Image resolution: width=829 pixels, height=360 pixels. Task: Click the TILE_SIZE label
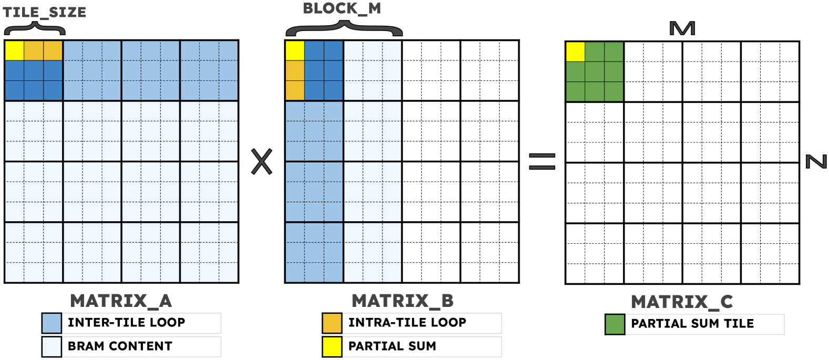(45, 12)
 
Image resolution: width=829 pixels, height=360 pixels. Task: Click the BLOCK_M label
(341, 9)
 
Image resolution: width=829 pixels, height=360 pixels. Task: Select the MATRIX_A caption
(121, 301)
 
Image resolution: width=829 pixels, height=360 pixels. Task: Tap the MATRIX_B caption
(402, 301)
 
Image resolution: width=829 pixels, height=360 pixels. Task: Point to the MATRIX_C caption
(681, 302)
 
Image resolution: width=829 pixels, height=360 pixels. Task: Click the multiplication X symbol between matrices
(262, 161)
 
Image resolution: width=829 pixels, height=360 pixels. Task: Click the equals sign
(542, 161)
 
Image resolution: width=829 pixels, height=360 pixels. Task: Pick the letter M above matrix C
(682, 28)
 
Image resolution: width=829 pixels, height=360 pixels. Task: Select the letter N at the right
(816, 161)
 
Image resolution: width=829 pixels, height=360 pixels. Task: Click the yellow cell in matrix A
(14, 51)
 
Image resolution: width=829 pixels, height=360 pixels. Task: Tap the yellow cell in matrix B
(295, 51)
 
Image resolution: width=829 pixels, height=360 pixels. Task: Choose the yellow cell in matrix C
(575, 52)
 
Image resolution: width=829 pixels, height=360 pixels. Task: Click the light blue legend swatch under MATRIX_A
(51, 323)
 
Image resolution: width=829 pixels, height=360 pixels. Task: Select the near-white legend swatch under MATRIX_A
(51, 347)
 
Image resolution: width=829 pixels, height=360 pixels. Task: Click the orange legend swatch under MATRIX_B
(332, 323)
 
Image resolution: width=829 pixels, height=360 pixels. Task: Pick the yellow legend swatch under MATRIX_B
(332, 347)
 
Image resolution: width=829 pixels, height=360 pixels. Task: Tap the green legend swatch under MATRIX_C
(615, 324)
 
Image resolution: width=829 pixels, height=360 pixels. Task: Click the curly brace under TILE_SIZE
(34, 28)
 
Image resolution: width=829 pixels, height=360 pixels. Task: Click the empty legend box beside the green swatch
(704, 324)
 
